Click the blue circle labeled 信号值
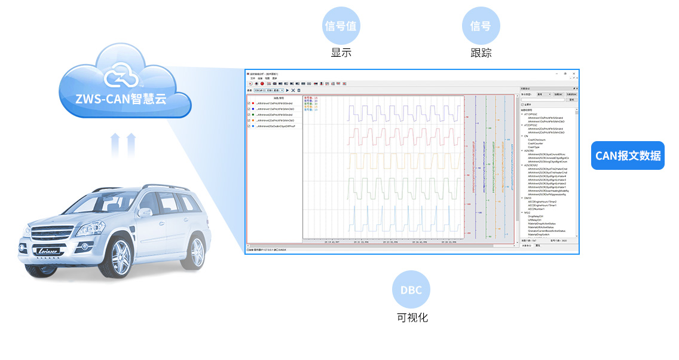click(341, 26)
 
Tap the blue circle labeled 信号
click(481, 26)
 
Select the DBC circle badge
click(411, 290)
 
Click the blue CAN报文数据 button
click(628, 155)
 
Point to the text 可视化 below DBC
click(412, 318)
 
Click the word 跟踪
click(481, 53)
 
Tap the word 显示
click(341, 53)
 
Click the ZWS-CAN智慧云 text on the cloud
click(121, 98)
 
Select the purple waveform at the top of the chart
click(383, 112)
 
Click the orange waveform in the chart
click(383, 161)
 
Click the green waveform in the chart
click(383, 188)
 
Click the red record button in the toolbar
click(262, 83)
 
